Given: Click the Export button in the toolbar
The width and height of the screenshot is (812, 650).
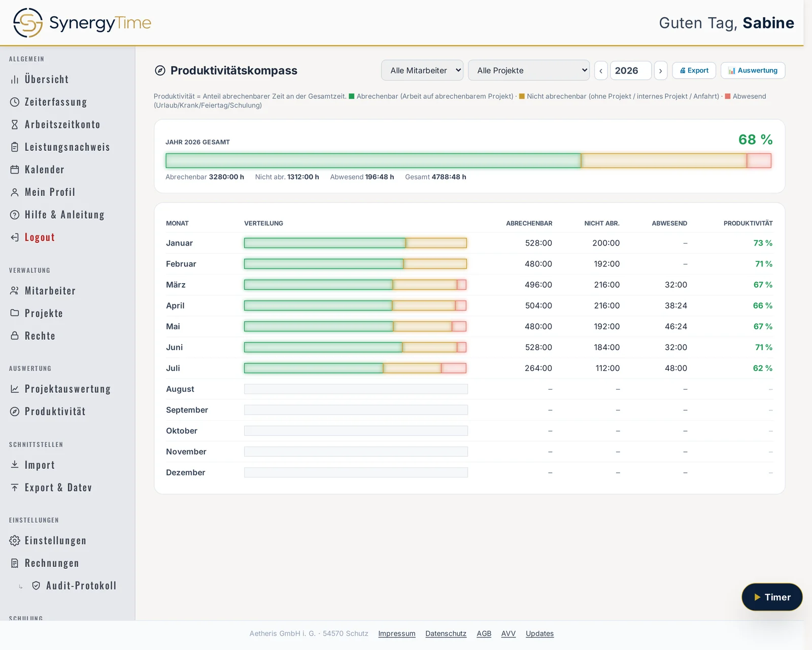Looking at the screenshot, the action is (x=694, y=71).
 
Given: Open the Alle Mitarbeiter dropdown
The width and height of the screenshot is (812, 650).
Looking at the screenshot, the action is (x=422, y=71).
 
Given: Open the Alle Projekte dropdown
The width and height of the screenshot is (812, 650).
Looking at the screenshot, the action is (x=529, y=71).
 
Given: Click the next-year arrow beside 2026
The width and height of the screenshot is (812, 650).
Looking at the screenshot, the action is (x=660, y=71).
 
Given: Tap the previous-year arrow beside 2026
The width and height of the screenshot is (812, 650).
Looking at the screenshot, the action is (x=601, y=71).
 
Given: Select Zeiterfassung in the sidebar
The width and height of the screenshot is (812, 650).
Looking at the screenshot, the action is (x=56, y=102).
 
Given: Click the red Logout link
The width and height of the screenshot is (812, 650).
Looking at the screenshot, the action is (x=40, y=237).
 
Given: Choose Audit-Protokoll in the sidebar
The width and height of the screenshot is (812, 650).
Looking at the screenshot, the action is (x=81, y=586).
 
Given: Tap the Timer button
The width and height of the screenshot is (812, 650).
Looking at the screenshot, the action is (x=772, y=597).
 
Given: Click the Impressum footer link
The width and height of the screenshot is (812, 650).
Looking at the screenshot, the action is (x=396, y=633).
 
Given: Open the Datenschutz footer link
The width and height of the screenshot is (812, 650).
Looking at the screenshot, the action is (x=446, y=633).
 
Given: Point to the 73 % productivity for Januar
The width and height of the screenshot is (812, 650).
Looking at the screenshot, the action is (x=763, y=243).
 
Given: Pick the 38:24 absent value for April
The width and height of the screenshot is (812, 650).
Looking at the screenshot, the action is (x=676, y=305).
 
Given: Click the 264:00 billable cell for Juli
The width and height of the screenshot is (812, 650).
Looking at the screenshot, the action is (x=538, y=368).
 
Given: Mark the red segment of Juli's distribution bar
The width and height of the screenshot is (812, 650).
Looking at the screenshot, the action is (x=454, y=368).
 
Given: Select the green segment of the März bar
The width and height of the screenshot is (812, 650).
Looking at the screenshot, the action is (x=319, y=285).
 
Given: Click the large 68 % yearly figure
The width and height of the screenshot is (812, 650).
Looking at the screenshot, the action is (x=755, y=140).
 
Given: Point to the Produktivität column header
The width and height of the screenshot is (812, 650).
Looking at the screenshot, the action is (x=748, y=223).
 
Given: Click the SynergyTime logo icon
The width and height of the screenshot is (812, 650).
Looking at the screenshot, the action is (x=27, y=23).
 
